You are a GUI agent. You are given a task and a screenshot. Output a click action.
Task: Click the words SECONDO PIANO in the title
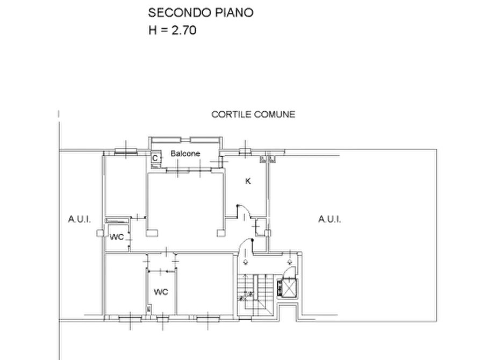200,12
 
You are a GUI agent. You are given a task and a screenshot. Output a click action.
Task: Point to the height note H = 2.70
173,30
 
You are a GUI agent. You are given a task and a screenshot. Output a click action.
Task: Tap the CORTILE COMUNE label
253,114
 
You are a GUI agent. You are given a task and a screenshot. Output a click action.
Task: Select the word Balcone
185,153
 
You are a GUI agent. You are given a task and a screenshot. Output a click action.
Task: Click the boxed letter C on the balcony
155,158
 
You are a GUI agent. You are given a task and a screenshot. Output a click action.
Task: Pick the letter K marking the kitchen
248,181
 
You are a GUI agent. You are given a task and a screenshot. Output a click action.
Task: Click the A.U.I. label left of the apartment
80,219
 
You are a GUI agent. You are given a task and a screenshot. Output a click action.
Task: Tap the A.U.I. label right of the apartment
329,219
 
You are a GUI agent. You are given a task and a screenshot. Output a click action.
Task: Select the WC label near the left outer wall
117,237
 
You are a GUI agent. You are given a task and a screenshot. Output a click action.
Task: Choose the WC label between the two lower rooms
161,292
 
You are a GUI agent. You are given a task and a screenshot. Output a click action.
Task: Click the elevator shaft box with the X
288,288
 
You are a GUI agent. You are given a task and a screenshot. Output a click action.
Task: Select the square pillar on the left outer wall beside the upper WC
100,233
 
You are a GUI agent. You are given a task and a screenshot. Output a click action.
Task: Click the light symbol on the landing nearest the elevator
290,262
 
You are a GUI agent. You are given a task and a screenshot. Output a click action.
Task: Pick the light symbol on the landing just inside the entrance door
246,262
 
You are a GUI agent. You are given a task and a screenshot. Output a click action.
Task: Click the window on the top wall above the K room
245,150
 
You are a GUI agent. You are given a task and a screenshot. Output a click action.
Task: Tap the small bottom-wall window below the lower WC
162,319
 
